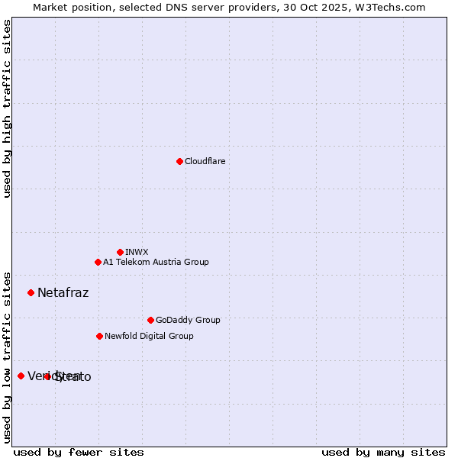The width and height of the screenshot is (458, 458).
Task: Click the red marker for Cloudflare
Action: tap(179, 161)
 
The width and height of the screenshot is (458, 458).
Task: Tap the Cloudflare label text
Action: tap(205, 161)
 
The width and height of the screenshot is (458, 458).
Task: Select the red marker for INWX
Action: tap(120, 252)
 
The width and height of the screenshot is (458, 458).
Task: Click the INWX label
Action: tap(137, 252)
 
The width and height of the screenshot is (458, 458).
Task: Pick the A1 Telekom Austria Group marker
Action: tap(98, 262)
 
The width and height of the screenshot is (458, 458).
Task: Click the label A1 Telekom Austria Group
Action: tap(156, 262)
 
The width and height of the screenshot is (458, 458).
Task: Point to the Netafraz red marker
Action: tap(31, 292)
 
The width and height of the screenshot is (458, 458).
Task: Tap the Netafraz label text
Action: tap(63, 292)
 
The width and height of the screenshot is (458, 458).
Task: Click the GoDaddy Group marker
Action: tap(150, 320)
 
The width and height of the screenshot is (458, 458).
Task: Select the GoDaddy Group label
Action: tap(188, 320)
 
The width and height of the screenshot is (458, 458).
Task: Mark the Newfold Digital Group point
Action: tap(99, 336)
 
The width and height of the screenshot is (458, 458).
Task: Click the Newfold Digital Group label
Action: tap(149, 336)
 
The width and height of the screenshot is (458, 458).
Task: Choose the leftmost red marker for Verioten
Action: tap(21, 376)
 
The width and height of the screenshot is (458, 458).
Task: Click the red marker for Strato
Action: tap(47, 376)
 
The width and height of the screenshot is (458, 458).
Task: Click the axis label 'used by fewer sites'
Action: tap(79, 452)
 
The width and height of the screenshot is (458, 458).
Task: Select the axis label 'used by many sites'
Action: tap(383, 452)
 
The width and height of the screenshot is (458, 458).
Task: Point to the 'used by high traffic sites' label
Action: tap(7, 108)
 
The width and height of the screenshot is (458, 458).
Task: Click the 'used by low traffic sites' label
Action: tap(7, 356)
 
